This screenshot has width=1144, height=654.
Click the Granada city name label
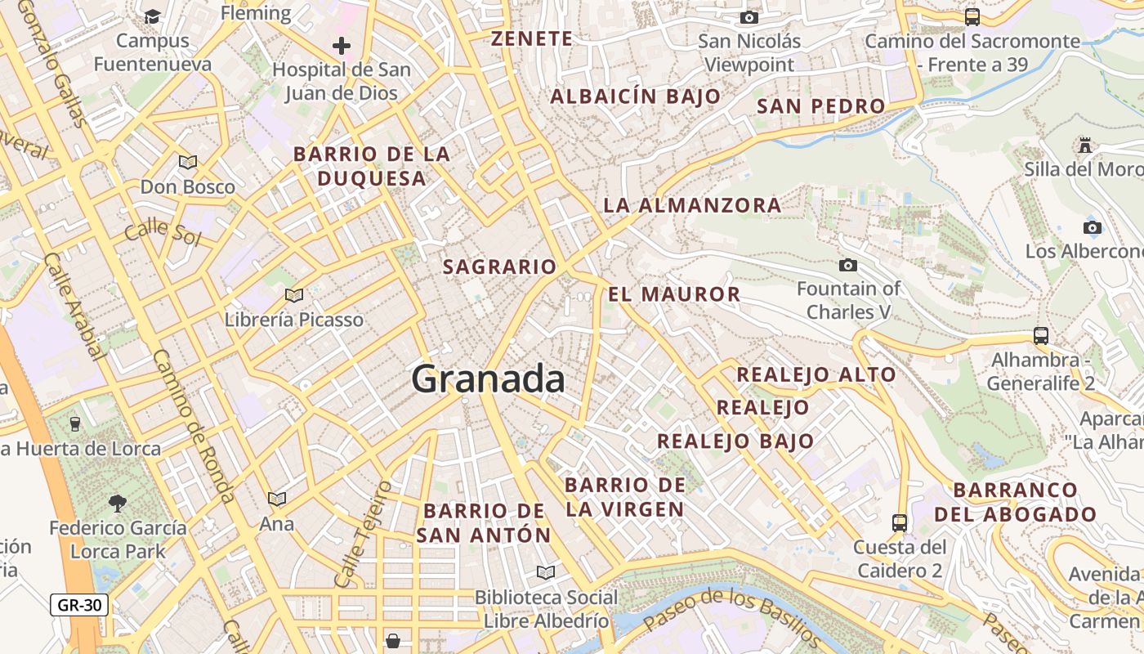488,379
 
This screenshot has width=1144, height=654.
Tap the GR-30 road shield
79,605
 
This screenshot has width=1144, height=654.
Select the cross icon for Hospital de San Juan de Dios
342,46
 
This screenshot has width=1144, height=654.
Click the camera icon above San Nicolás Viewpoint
749,17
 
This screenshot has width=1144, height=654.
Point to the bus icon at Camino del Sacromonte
972,16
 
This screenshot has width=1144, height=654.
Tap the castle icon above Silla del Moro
1085,146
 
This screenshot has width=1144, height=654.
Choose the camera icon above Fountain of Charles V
848,265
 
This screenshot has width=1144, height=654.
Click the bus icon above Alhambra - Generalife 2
1040,335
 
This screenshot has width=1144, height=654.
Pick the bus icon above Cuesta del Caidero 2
899,522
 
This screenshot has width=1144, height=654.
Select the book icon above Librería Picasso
294,295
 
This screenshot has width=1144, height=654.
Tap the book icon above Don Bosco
188,162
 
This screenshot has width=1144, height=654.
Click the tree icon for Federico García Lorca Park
118,504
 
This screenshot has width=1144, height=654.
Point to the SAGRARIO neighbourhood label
499,267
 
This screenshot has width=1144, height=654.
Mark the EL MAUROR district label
674,294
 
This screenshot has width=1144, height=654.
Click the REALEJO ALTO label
816,375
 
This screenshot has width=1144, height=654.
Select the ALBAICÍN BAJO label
636,96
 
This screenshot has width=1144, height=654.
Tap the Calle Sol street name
163,231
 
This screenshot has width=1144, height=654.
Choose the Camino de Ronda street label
194,426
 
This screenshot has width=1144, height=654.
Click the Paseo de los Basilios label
731,618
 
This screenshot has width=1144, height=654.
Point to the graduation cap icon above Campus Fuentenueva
152,17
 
